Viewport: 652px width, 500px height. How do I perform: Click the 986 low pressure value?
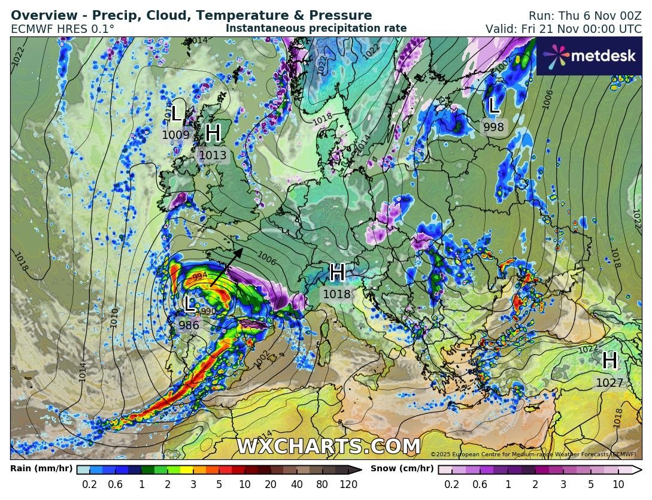tap(189, 325)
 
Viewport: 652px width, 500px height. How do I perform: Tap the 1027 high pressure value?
tap(609, 383)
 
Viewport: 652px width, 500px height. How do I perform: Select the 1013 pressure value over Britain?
tap(213, 156)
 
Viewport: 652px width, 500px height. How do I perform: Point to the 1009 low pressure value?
tap(175, 135)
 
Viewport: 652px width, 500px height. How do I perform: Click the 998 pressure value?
tap(494, 127)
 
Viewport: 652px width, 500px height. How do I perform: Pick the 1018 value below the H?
tap(336, 294)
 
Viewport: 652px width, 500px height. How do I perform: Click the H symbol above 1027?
tap(609, 361)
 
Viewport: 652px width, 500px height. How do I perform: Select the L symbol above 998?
tap(494, 107)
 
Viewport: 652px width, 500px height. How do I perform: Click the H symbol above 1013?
tap(213, 134)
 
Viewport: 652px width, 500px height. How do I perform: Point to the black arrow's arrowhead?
tap(239, 251)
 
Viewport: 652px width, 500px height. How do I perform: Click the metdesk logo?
tap(589, 56)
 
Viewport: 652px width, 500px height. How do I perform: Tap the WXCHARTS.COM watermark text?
tap(328, 447)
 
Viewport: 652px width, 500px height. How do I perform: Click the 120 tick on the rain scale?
tap(348, 484)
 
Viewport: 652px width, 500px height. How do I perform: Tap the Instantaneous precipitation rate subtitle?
tap(316, 28)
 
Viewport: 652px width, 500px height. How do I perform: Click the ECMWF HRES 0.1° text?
tap(63, 29)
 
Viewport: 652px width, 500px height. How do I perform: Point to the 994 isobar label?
tap(201, 277)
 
